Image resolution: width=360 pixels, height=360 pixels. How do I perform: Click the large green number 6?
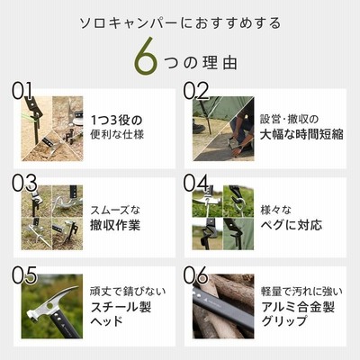coord(146,56)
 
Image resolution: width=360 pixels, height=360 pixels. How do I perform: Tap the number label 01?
coord(22,91)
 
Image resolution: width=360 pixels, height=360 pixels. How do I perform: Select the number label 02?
coord(196,91)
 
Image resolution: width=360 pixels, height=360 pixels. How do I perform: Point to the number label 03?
coord(24,183)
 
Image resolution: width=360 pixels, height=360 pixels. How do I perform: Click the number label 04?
coord(196,183)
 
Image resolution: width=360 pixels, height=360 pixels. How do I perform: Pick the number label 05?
coord(24,274)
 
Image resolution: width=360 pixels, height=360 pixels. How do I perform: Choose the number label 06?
coord(196,274)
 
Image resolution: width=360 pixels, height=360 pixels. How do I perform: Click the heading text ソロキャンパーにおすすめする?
coord(180,23)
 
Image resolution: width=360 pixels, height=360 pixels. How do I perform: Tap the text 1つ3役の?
coord(116,121)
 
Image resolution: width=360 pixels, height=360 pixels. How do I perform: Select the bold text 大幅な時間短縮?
coord(301,134)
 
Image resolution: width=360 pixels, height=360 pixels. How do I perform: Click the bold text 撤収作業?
coord(115,225)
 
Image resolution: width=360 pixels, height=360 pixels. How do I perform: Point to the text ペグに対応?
coord(292,225)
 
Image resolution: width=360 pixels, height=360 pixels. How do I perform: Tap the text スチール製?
coord(121,307)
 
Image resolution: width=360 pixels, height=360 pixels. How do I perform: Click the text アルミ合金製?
coord(298,307)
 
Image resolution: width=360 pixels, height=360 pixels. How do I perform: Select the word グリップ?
coord(283,321)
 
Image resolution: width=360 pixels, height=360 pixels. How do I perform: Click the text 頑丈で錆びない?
coord(128,291)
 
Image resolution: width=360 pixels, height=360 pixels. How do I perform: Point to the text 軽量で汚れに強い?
coord(301,291)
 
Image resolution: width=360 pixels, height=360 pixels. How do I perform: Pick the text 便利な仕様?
coord(117,134)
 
